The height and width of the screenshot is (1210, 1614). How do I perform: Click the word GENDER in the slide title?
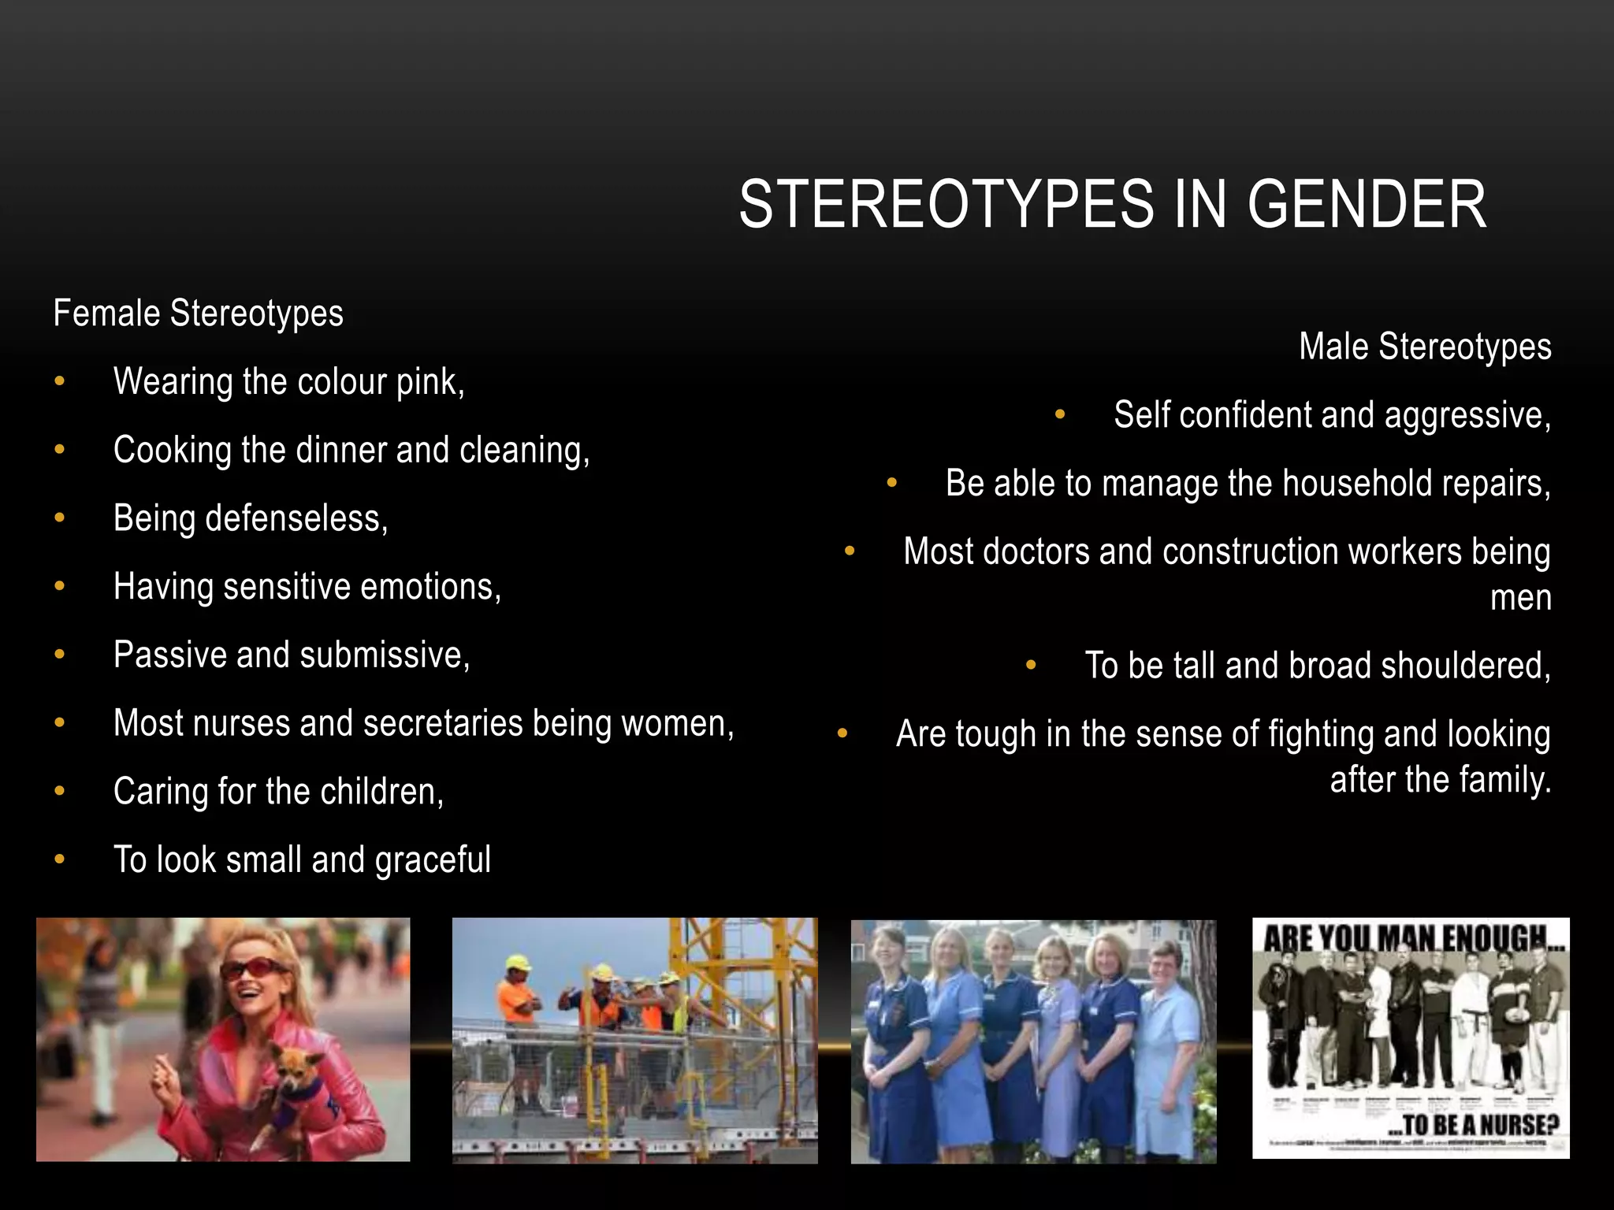(1367, 205)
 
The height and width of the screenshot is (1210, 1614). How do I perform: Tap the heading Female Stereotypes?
(198, 314)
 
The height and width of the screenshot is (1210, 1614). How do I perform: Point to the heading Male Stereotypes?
(1425, 347)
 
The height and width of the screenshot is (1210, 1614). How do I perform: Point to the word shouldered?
(1465, 666)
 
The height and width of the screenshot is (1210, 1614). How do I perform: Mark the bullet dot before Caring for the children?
(60, 791)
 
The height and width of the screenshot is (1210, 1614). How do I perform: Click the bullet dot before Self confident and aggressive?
(1060, 414)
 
